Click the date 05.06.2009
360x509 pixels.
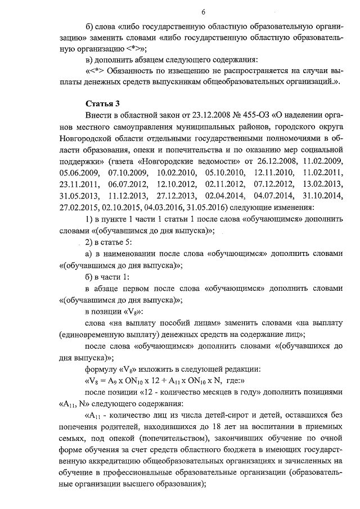(x=79, y=173)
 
